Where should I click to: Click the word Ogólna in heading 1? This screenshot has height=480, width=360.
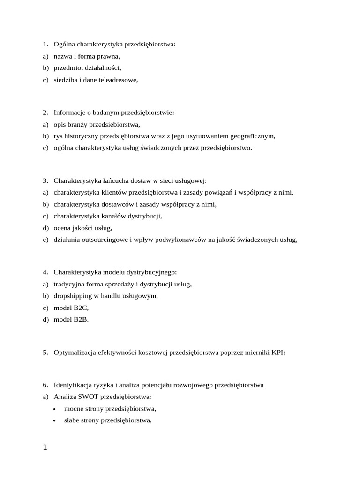pyautogui.click(x=64, y=45)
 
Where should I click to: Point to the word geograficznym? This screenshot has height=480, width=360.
pyautogui.click(x=252, y=136)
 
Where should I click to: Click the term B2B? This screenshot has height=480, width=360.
pyautogui.click(x=79, y=320)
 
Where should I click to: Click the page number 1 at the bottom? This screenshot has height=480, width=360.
pyautogui.click(x=45, y=448)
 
